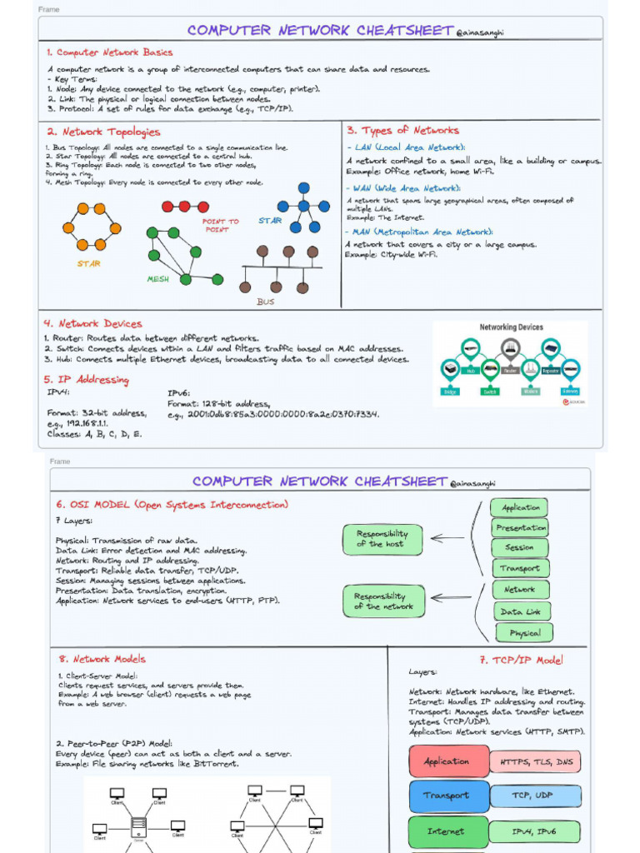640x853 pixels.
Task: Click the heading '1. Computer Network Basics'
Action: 109,52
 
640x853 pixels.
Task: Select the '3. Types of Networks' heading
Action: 403,130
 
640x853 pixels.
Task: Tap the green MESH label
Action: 158,279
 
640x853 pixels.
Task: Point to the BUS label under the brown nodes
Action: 265,302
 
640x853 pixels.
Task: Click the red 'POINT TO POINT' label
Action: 221,225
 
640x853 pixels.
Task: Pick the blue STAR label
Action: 270,221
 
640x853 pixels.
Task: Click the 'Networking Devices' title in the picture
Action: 510,327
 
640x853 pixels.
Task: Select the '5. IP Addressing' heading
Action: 87,380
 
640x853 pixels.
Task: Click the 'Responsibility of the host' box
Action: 382,539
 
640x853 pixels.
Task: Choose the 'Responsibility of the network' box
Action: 383,601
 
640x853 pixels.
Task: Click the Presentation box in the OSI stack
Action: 521,527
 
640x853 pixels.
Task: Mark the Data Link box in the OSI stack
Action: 521,611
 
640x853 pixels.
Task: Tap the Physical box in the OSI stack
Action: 524,633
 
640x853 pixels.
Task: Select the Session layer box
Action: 519,547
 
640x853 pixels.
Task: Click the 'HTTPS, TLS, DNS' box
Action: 535,761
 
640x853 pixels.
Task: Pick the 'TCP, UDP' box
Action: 533,796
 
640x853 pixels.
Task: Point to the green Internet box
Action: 447,831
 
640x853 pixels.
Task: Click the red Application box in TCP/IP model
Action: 447,761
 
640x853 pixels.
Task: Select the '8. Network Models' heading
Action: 97,659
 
